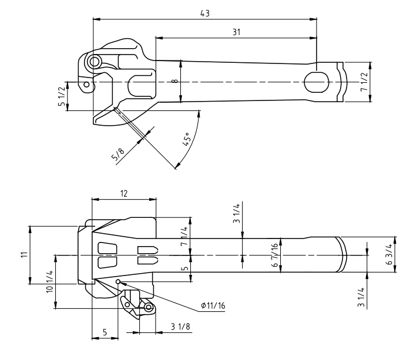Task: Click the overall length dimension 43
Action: (x=205, y=14)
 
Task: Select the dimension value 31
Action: (x=236, y=32)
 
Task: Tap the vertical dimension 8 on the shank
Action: (x=176, y=80)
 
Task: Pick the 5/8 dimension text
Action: (x=118, y=154)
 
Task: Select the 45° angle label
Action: (x=187, y=139)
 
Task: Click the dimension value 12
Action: (x=124, y=193)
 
